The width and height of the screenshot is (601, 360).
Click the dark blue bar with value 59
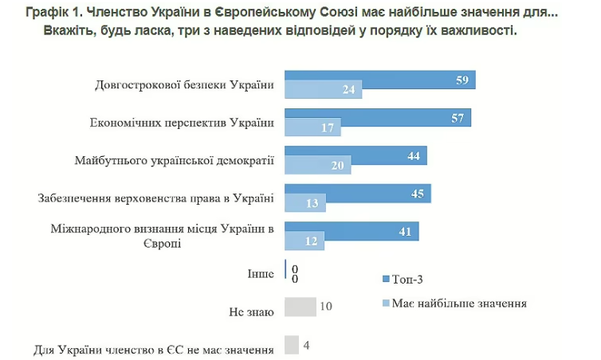(x=379, y=80)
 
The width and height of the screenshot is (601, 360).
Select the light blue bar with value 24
(x=323, y=90)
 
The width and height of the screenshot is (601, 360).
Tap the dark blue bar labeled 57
(x=377, y=118)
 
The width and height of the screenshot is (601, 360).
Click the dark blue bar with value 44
(x=355, y=156)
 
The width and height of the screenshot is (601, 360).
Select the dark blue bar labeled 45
(x=357, y=194)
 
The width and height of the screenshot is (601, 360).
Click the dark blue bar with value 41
(x=352, y=232)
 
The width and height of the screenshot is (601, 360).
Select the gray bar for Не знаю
(x=300, y=307)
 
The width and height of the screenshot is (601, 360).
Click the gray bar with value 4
(x=292, y=345)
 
